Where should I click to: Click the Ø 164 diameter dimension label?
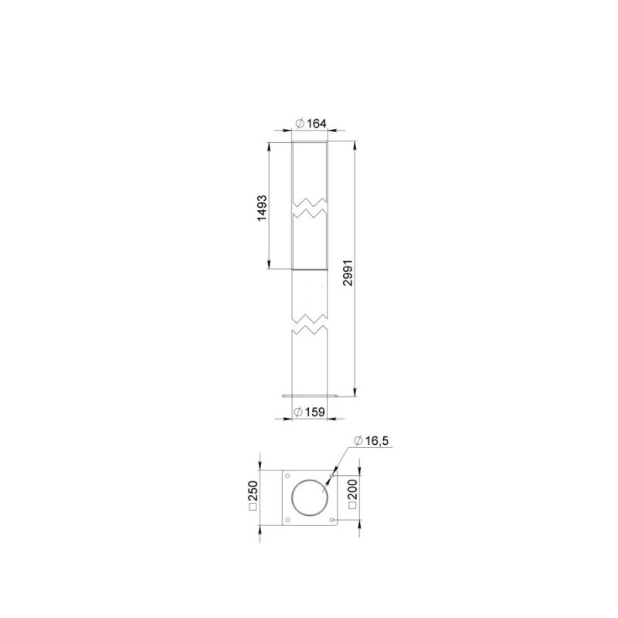[x=311, y=124]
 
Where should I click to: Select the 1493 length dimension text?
[x=262, y=208]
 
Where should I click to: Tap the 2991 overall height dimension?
[x=348, y=273]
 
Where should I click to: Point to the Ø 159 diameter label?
[x=310, y=412]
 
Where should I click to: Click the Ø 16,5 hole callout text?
[x=371, y=440]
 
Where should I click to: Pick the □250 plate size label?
[x=253, y=496]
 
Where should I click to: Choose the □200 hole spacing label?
[x=352, y=494]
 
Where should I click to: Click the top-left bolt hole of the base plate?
[x=287, y=476]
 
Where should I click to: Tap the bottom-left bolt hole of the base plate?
[x=287, y=520]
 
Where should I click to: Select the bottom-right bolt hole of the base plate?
[x=332, y=520]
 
